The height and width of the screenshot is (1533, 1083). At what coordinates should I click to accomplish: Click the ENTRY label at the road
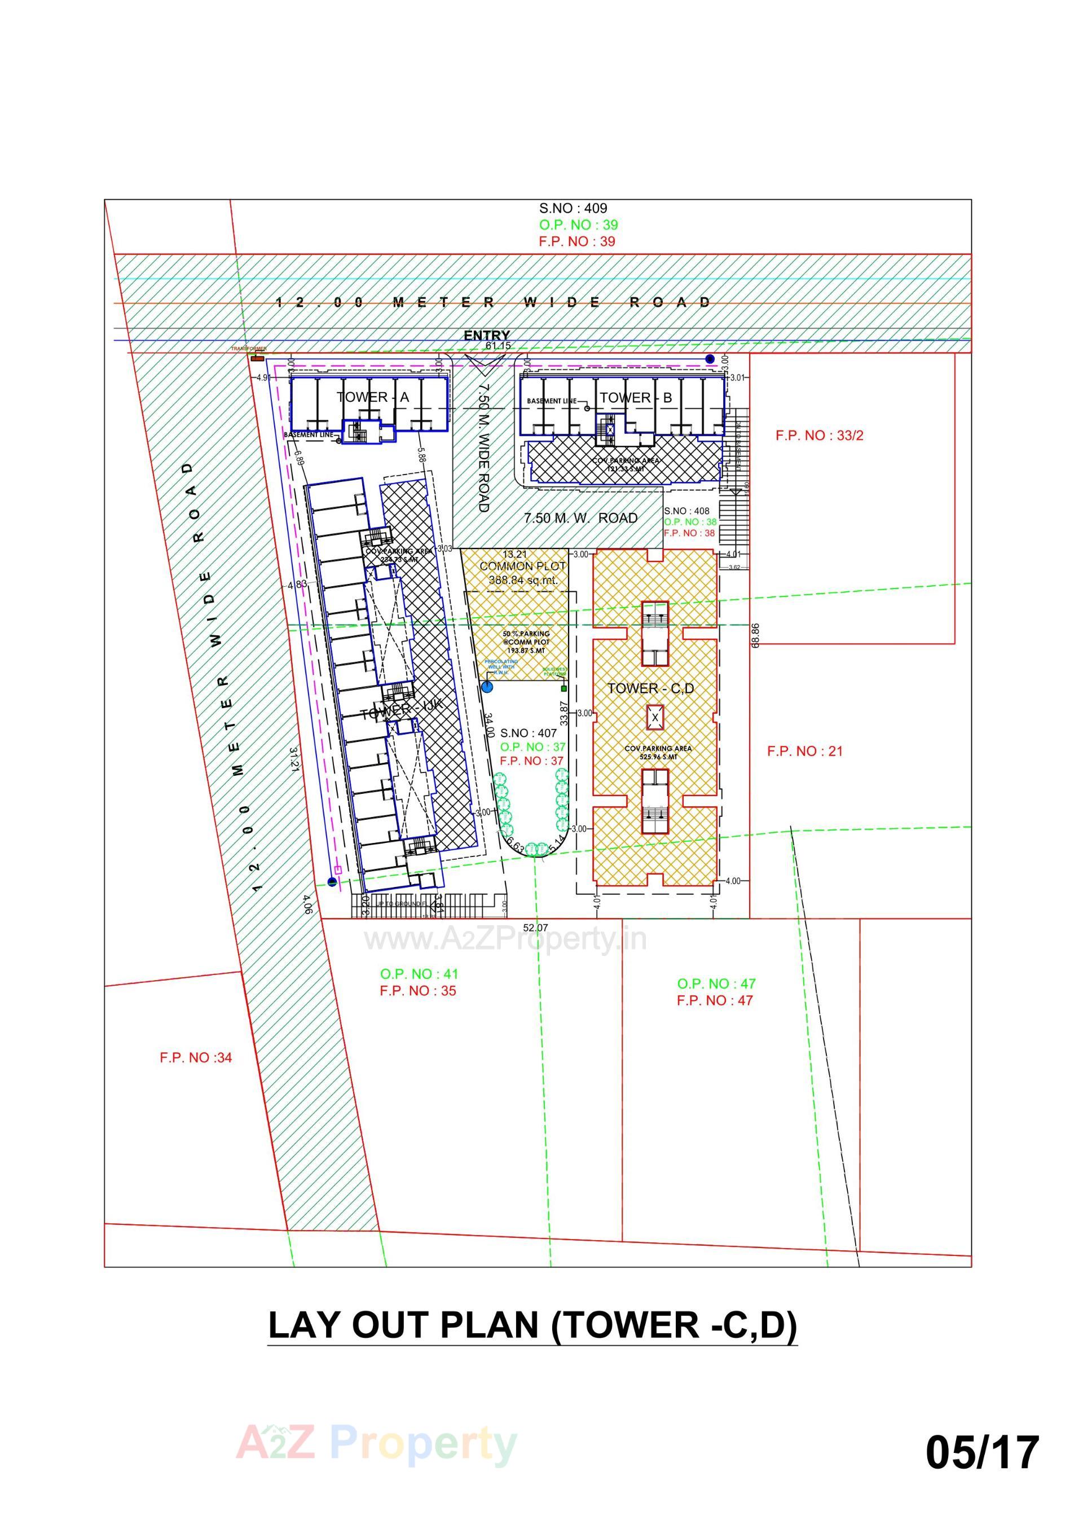click(487, 335)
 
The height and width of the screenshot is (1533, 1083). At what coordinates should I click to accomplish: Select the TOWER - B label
click(636, 397)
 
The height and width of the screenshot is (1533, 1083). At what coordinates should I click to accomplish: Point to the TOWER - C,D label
click(650, 688)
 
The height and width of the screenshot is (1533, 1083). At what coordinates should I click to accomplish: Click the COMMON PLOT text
click(522, 565)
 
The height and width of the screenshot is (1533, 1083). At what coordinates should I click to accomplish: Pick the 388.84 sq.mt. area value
click(523, 580)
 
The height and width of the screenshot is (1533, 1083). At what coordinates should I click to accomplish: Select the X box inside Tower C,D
click(655, 718)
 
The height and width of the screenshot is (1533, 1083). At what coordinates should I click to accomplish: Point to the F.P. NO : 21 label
click(804, 751)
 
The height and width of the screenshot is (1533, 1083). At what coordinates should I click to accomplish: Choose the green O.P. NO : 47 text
click(716, 983)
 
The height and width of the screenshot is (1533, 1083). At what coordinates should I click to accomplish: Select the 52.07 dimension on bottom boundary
click(535, 928)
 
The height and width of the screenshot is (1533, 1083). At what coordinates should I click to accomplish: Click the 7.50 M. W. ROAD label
click(580, 517)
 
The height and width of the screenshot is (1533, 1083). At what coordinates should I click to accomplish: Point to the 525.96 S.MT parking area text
click(658, 757)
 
